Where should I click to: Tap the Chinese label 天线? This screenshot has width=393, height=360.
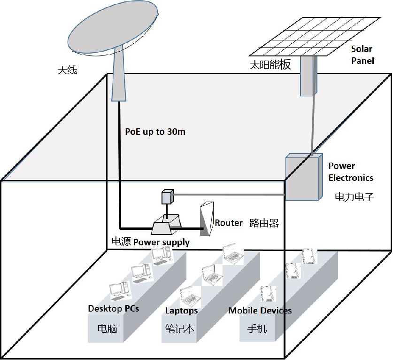point(67,70)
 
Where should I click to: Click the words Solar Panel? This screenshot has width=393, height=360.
point(362,55)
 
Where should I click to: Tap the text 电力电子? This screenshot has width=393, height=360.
point(354,197)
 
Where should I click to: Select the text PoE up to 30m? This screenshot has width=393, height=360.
point(155,132)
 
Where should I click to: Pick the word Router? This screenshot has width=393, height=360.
point(229,223)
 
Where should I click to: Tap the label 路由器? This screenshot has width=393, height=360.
point(264,223)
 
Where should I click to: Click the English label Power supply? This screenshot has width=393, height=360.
point(162,243)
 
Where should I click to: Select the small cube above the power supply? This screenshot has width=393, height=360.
point(168,197)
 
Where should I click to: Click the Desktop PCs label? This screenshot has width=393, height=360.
point(114,309)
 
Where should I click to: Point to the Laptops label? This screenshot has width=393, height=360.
point(181,311)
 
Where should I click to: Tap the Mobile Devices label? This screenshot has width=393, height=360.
point(260,311)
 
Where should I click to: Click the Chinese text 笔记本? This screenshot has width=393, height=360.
point(179,328)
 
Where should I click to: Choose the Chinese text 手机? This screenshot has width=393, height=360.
point(257,328)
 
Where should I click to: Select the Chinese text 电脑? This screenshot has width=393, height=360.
point(107,328)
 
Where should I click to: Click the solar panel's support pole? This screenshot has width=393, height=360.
point(309,75)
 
